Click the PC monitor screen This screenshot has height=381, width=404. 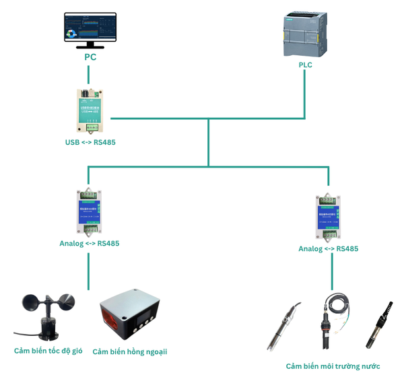pyautogui.click(x=90, y=27)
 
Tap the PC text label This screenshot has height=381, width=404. pyautogui.click(x=90, y=57)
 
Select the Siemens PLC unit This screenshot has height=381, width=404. pyautogui.click(x=306, y=35)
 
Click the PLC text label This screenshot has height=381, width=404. pyautogui.click(x=306, y=65)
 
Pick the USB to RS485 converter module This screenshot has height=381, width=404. pyautogui.click(x=89, y=110)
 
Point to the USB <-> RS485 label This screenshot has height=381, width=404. pyautogui.click(x=90, y=143)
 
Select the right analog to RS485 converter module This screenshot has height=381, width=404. pyautogui.click(x=329, y=217)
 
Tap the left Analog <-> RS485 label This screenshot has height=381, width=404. pyautogui.click(x=89, y=244)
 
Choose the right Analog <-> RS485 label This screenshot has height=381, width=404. pyautogui.click(x=329, y=249)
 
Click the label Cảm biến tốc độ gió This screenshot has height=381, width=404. pyautogui.click(x=48, y=351)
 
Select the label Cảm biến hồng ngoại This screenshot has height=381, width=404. pyautogui.click(x=130, y=352)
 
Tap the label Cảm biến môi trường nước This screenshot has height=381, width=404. pyautogui.click(x=333, y=367)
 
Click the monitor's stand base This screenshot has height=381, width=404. pyautogui.click(x=90, y=46)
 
